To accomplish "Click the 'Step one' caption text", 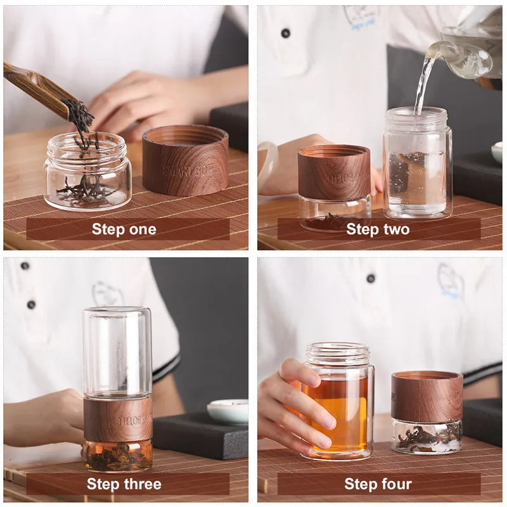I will point(124,229).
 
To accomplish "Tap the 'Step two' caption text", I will point(378,229).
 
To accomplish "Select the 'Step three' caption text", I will point(124,484).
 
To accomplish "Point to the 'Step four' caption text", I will point(378,484).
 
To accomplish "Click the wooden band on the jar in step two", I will point(334,173).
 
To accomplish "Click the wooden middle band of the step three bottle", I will point(118,419).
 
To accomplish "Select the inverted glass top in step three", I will point(117,352).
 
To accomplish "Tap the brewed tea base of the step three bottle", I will point(118,456).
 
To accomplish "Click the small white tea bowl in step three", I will point(228,411).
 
